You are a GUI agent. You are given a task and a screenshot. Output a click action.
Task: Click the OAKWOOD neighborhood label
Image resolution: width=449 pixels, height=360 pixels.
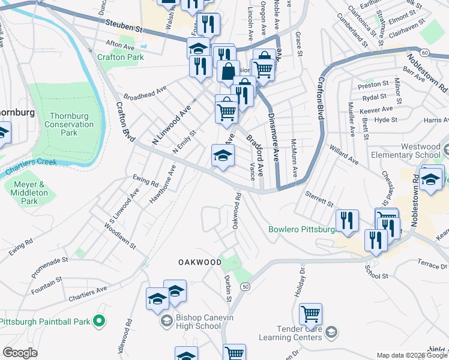(x=197, y=263)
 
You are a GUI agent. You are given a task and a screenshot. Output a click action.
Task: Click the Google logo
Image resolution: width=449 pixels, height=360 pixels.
(x=20, y=353)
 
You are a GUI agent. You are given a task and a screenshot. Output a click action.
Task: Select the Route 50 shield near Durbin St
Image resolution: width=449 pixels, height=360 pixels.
(x=246, y=287)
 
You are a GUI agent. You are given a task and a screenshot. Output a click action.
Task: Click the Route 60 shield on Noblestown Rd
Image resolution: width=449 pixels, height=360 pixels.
(x=424, y=53)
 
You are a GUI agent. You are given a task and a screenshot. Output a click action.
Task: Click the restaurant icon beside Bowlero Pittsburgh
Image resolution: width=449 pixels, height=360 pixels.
(x=348, y=220)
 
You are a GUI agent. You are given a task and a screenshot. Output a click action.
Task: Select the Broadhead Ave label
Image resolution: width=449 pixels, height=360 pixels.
(x=145, y=93)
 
